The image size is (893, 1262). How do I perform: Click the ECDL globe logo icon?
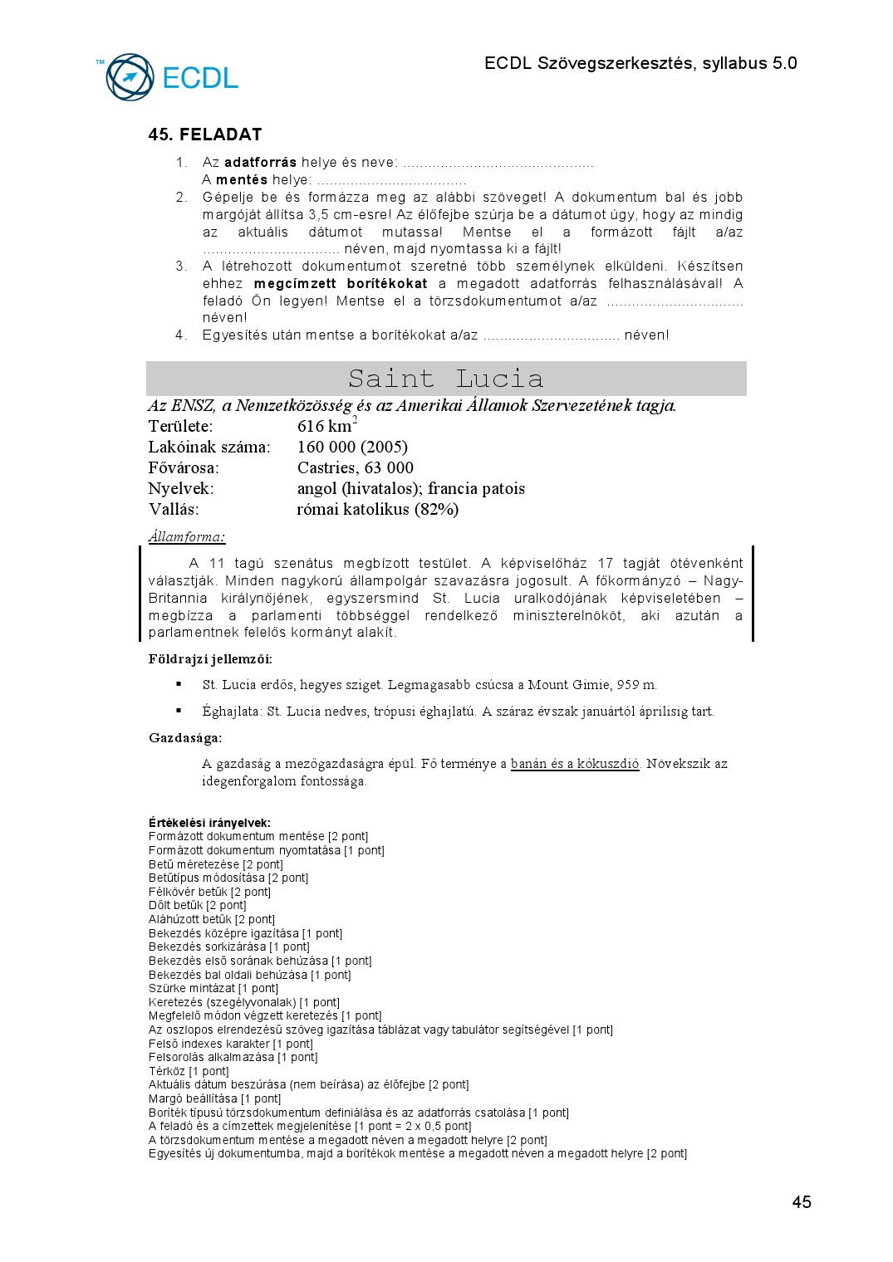pos(130,77)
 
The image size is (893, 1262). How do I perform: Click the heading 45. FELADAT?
pos(205,135)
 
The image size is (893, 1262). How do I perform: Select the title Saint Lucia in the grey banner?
pos(446,379)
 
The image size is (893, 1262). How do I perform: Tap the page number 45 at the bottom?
pos(801,1201)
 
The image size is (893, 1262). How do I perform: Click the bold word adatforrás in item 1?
pos(260,163)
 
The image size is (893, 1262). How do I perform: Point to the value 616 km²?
pos(326,426)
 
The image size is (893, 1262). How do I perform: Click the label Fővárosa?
pos(184,467)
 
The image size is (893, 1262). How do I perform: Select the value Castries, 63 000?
pos(355,467)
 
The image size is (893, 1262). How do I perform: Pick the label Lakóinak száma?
pos(209,447)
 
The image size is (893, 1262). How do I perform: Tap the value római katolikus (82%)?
pos(377,509)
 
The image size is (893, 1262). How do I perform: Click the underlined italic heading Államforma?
pos(187,536)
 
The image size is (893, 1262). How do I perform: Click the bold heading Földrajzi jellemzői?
pos(210,659)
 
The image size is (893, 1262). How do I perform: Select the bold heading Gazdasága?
pos(185,737)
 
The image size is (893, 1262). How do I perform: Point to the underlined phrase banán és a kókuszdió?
pos(575,764)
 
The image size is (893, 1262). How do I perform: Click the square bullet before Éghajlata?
pos(179,711)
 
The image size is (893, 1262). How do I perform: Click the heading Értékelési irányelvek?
pos(209,823)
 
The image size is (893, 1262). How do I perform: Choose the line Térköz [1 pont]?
pos(189,1071)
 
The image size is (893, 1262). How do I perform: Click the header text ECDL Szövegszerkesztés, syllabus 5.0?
pos(640,63)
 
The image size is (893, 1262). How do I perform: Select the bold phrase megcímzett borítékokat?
pos(341,284)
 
